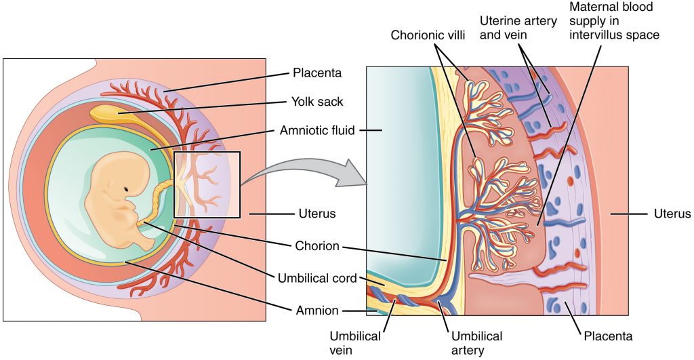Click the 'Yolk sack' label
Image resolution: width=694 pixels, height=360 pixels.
coord(317,102)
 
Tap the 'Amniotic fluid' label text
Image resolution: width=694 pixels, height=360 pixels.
coord(317,130)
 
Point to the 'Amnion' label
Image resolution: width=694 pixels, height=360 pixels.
coord(317,310)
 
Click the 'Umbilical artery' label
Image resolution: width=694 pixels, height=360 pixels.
coord(478,342)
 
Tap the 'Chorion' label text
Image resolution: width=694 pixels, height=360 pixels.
coord(317,245)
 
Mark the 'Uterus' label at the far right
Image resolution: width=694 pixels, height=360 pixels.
coord(672,214)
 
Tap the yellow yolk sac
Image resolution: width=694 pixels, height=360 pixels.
coord(122,111)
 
